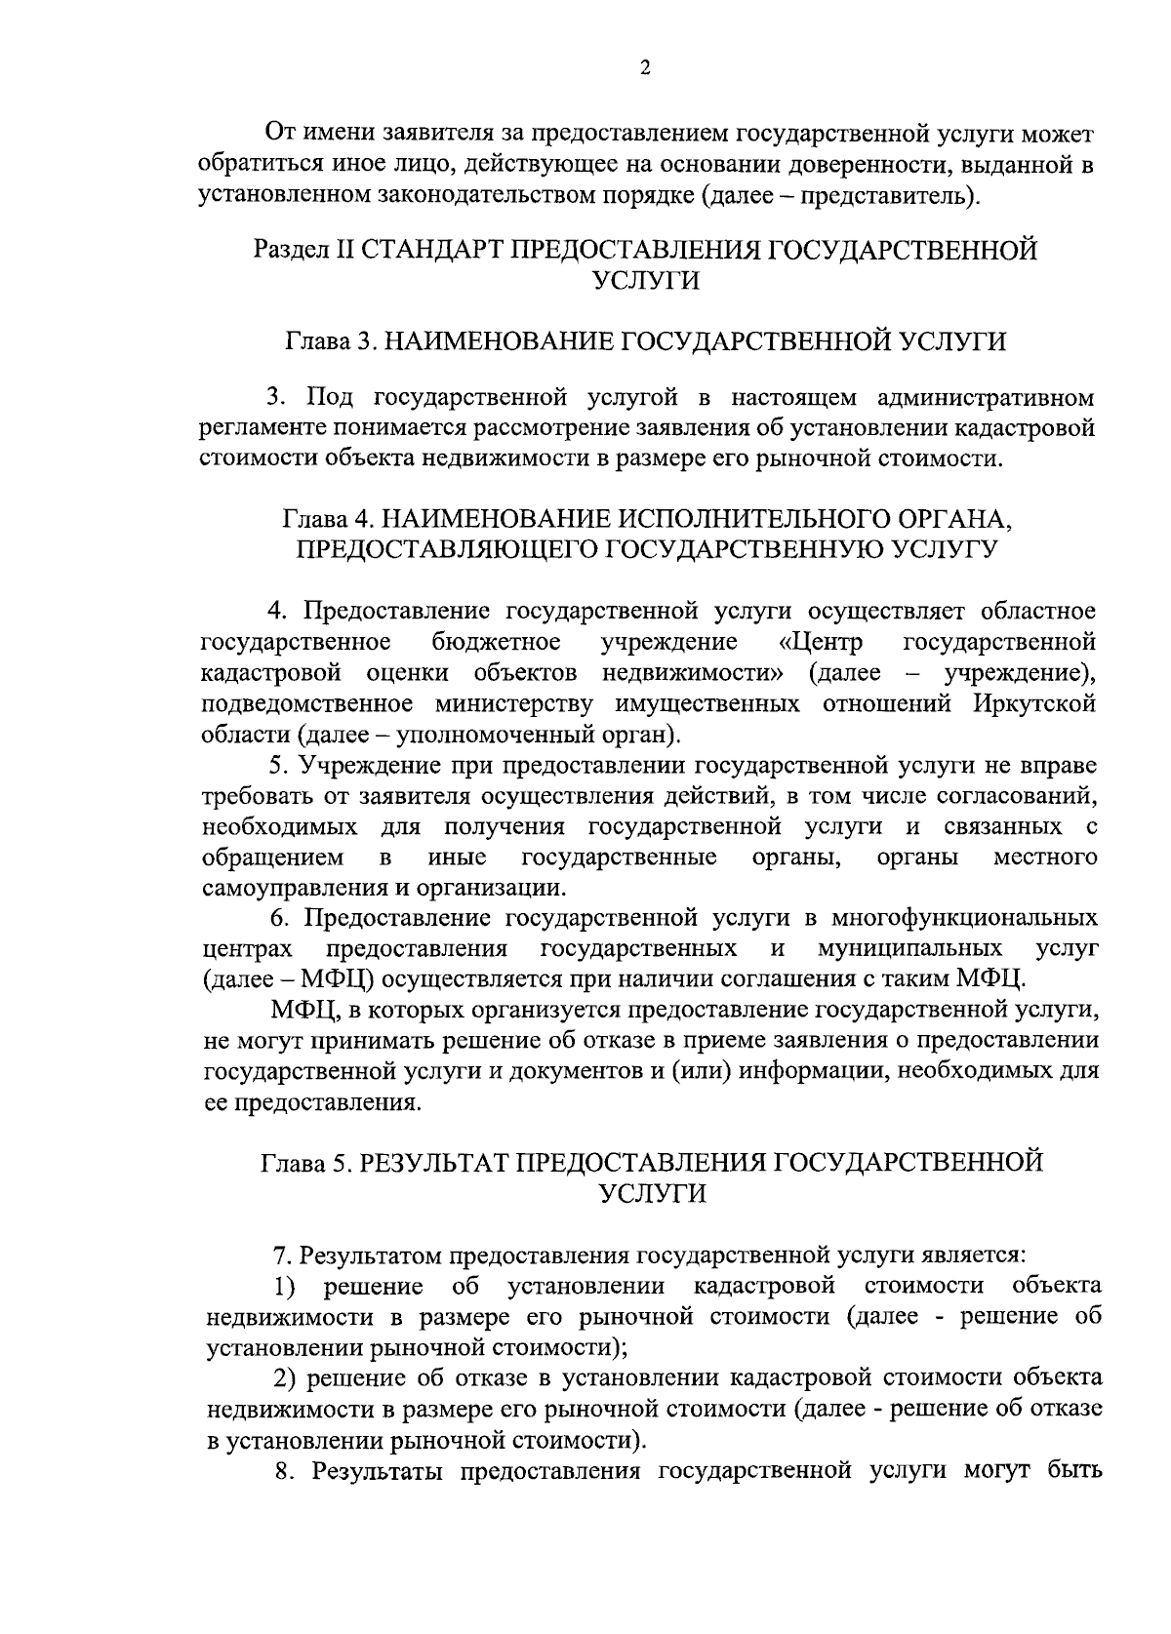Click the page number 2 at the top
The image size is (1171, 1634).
pos(645,67)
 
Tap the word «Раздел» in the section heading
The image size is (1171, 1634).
pos(292,250)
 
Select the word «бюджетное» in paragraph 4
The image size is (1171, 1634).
pos(496,642)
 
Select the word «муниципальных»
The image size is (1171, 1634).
pos(910,949)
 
